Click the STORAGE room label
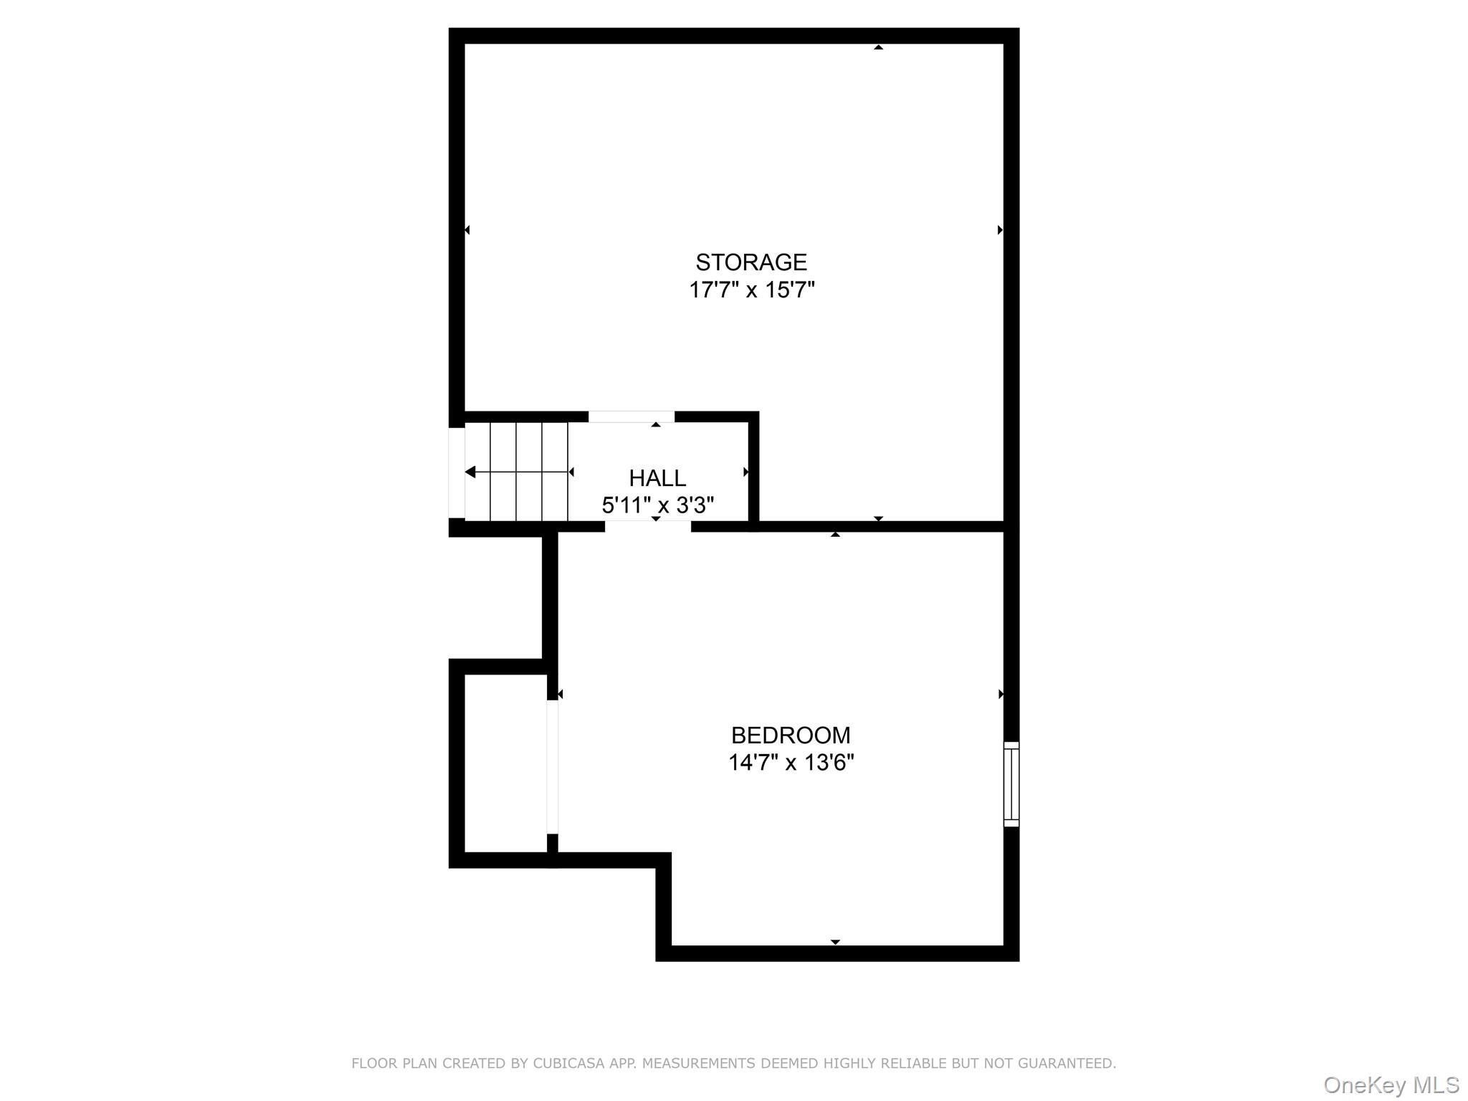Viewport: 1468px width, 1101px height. point(751,262)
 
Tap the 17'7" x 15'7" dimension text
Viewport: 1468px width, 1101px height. point(752,290)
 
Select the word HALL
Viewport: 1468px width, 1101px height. point(657,478)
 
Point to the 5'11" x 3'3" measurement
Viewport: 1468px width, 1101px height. point(657,505)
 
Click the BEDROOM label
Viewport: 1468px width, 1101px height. point(791,735)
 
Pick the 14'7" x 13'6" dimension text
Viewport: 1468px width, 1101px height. point(791,763)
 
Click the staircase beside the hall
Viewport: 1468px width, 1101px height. point(516,472)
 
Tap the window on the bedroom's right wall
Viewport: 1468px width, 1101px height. point(1011,784)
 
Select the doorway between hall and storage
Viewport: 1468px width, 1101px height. point(631,417)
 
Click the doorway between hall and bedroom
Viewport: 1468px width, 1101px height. point(648,527)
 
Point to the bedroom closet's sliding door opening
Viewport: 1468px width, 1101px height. point(552,767)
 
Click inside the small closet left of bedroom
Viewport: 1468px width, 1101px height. point(505,763)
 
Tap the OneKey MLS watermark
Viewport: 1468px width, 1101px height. point(1391,1085)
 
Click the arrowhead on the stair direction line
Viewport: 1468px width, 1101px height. point(470,472)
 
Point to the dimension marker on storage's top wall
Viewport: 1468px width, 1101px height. point(878,47)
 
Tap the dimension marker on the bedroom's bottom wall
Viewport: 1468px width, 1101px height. point(835,942)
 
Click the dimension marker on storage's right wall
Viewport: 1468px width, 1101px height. point(1000,230)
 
